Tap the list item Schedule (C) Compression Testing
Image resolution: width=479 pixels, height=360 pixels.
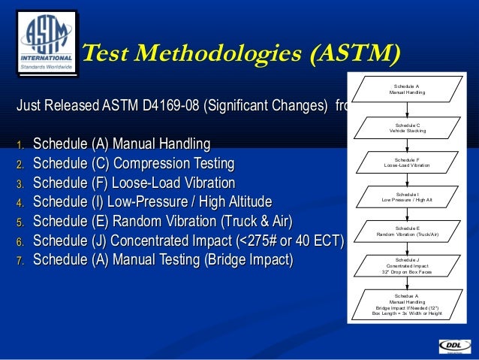coord(134,163)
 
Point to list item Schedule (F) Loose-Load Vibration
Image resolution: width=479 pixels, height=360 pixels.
coord(134,183)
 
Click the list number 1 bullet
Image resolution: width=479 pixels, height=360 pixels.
coord(22,145)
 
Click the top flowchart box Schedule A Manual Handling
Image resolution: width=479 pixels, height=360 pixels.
coord(407,89)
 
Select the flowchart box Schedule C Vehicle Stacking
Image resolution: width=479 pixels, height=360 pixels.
coord(407,127)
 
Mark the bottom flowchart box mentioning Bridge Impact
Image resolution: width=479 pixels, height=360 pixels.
coord(407,304)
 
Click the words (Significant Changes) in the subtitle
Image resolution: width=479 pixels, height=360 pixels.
coord(263,106)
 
